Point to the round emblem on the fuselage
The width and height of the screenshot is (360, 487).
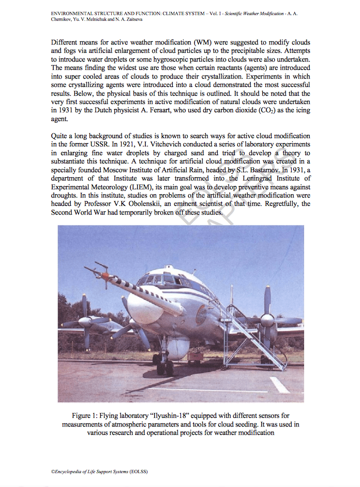201,314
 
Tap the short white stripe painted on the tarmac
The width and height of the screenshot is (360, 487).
279,385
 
